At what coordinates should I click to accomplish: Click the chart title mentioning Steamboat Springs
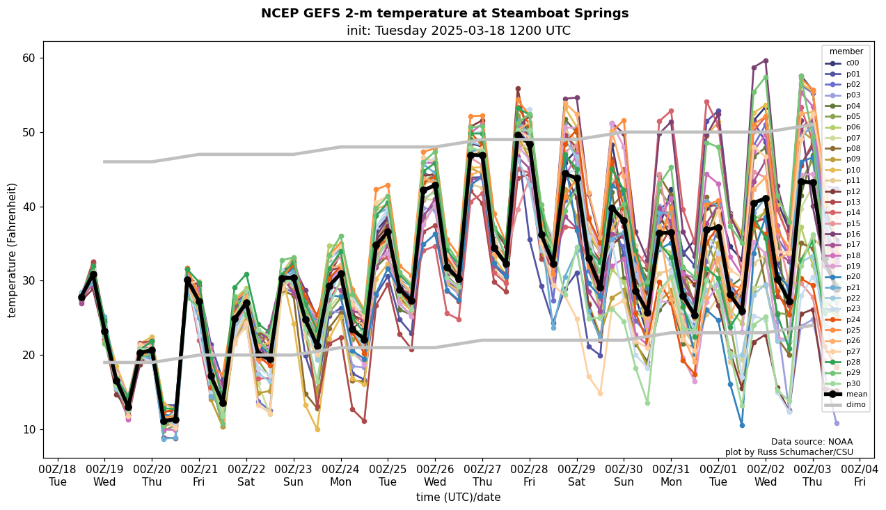444,13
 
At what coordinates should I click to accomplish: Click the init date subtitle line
458,31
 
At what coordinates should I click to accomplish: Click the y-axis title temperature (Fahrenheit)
12,250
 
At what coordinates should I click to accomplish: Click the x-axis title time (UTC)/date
458,497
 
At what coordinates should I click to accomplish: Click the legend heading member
846,51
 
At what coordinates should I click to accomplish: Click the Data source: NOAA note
812,442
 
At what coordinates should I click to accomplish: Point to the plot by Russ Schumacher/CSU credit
789,452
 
